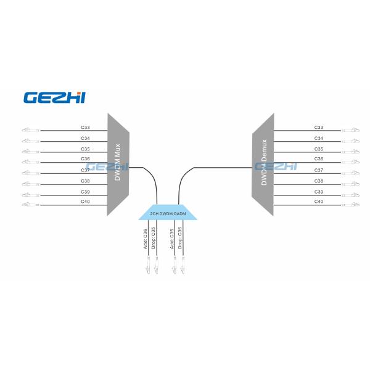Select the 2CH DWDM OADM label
[168, 213]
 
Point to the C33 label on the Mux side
[85, 128]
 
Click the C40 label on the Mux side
[85, 202]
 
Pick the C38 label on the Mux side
[85, 181]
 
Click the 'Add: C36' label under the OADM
[146, 239]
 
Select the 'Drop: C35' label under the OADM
[154, 239]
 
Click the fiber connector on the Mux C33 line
[28, 130]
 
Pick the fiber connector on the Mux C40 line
[28, 204]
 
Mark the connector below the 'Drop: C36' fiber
[183, 268]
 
